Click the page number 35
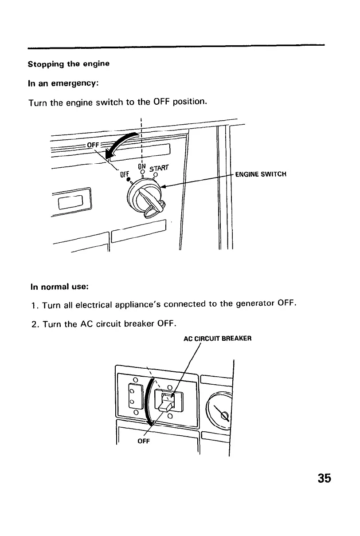(325, 478)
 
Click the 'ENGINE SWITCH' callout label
(262, 174)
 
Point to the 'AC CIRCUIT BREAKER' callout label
(218, 338)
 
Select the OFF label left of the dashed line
(92, 144)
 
